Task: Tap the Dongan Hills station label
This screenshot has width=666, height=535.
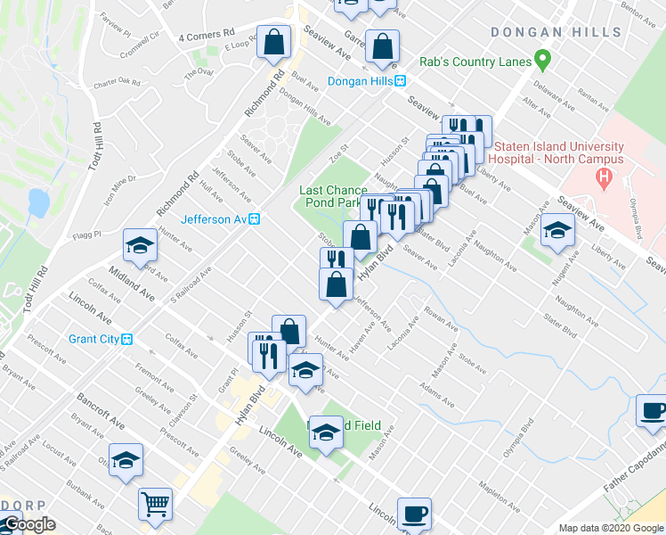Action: click(x=367, y=81)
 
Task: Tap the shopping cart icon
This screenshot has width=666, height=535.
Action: click(x=155, y=505)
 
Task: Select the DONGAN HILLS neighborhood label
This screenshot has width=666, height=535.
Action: click(x=556, y=32)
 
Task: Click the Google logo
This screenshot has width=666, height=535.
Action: click(x=29, y=524)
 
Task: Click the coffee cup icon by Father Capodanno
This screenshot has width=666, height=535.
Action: click(x=654, y=412)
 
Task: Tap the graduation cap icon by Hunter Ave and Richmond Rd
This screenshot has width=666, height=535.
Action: click(x=140, y=245)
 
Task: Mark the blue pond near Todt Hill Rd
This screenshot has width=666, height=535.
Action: click(x=37, y=202)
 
